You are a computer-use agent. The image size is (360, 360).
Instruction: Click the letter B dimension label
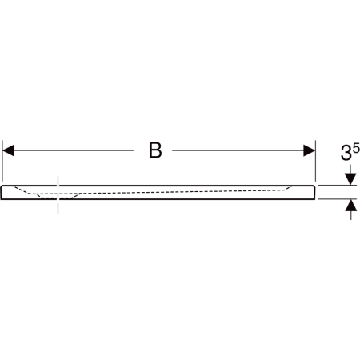pyautogui.click(x=155, y=150)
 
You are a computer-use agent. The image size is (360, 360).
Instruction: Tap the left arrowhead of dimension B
pyautogui.click(x=8, y=150)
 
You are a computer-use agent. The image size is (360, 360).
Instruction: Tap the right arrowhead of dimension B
pyautogui.click(x=310, y=150)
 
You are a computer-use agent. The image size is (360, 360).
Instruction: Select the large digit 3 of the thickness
pyautogui.click(x=346, y=153)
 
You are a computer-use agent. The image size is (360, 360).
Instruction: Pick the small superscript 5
pyautogui.click(x=356, y=147)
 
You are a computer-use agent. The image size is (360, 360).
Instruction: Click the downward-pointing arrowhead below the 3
pyautogui.click(x=350, y=179)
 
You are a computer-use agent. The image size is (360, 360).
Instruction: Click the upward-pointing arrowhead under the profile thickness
pyautogui.click(x=350, y=206)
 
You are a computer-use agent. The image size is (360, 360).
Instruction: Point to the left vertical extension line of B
pyautogui.click(x=2, y=161)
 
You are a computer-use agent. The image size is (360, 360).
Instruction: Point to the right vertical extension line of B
pyautogui.click(x=315, y=161)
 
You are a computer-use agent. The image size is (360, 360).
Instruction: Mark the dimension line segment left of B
pyautogui.click(x=74, y=150)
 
